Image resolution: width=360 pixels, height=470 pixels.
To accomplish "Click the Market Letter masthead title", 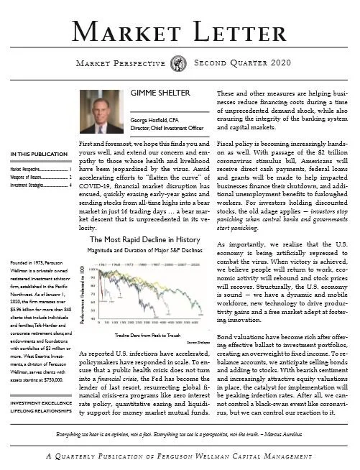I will coord(180,29).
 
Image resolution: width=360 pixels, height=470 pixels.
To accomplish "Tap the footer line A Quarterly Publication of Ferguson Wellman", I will coord(180,457).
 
